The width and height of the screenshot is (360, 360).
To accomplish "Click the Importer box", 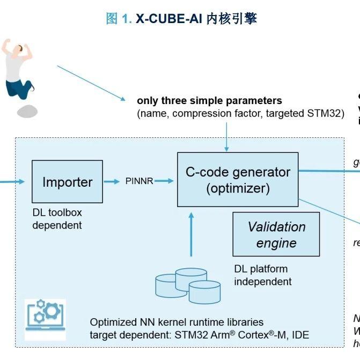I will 67,182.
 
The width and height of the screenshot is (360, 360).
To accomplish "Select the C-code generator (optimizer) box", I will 238,180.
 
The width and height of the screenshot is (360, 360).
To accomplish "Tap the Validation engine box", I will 276,234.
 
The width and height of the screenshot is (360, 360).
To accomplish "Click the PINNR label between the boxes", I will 139,181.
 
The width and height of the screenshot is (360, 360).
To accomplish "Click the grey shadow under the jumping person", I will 27,111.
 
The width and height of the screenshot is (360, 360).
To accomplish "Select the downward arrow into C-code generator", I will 227,137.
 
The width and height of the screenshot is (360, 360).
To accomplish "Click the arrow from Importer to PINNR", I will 112,181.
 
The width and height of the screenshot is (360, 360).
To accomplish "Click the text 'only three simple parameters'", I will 209,101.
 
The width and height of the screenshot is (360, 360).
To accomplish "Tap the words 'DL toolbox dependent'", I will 57,219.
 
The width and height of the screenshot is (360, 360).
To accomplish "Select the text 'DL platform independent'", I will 262,275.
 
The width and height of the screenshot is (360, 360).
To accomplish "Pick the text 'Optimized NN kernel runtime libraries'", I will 177,322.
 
